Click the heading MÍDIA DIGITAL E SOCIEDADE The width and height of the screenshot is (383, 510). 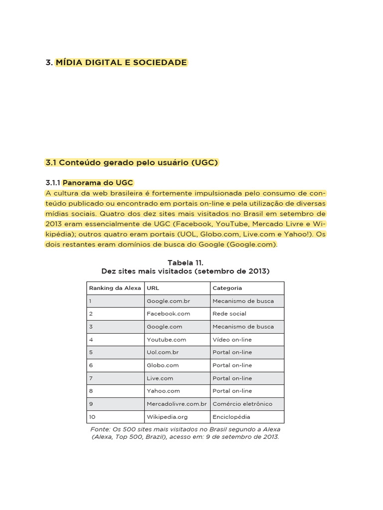click(121, 63)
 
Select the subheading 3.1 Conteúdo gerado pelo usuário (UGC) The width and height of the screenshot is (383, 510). click(132, 163)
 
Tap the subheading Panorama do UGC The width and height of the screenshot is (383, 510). click(98, 183)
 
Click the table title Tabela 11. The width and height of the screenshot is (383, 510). click(185, 262)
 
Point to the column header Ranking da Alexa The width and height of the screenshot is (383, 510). click(115, 288)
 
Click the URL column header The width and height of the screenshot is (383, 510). click(153, 288)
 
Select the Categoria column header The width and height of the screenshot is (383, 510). click(227, 288)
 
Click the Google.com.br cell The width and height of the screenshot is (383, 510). click(168, 301)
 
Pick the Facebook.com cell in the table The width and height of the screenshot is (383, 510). click(168, 314)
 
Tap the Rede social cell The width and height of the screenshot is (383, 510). click(229, 314)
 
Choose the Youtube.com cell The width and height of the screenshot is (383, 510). click(166, 340)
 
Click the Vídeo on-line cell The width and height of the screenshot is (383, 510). click(232, 340)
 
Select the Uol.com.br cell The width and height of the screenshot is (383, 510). click(163, 352)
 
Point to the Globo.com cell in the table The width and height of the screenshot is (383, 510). click(163, 365)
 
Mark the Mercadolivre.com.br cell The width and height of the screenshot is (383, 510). click(177, 404)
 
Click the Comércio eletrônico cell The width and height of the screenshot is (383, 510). click(242, 404)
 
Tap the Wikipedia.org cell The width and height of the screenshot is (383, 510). click(167, 417)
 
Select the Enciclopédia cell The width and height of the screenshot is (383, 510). click(231, 417)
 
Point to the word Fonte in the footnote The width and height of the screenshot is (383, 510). click(100, 429)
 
